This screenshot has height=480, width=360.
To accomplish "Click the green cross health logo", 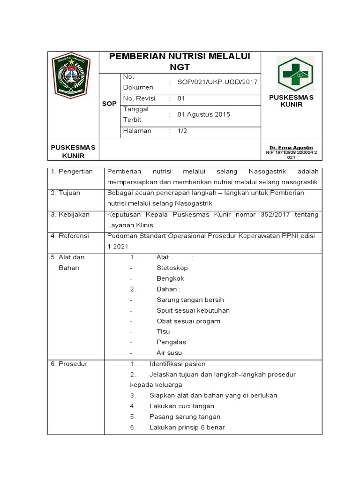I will click(295, 74).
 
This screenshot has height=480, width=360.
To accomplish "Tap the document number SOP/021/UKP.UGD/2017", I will click(217, 82).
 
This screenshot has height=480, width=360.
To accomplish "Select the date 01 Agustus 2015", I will click(203, 114).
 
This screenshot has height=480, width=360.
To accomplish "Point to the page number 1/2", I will click(182, 131).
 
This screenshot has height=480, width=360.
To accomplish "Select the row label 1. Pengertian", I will click(72, 172).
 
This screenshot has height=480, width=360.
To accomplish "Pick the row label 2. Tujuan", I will click(66, 193).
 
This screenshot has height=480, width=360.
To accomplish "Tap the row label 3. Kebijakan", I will click(70, 215).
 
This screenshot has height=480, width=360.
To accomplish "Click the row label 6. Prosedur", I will click(69, 364).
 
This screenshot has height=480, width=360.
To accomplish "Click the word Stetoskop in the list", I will click(172, 268).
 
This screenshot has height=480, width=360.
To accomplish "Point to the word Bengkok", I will click(170, 278).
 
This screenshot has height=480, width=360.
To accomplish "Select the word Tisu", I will click(163, 331).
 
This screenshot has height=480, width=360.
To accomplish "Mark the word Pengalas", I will click(171, 342).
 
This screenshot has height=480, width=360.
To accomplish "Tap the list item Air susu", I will click(169, 353).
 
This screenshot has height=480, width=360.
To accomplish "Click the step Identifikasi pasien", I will click(177, 364).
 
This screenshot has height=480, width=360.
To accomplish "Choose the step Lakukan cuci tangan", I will click(181, 406).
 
